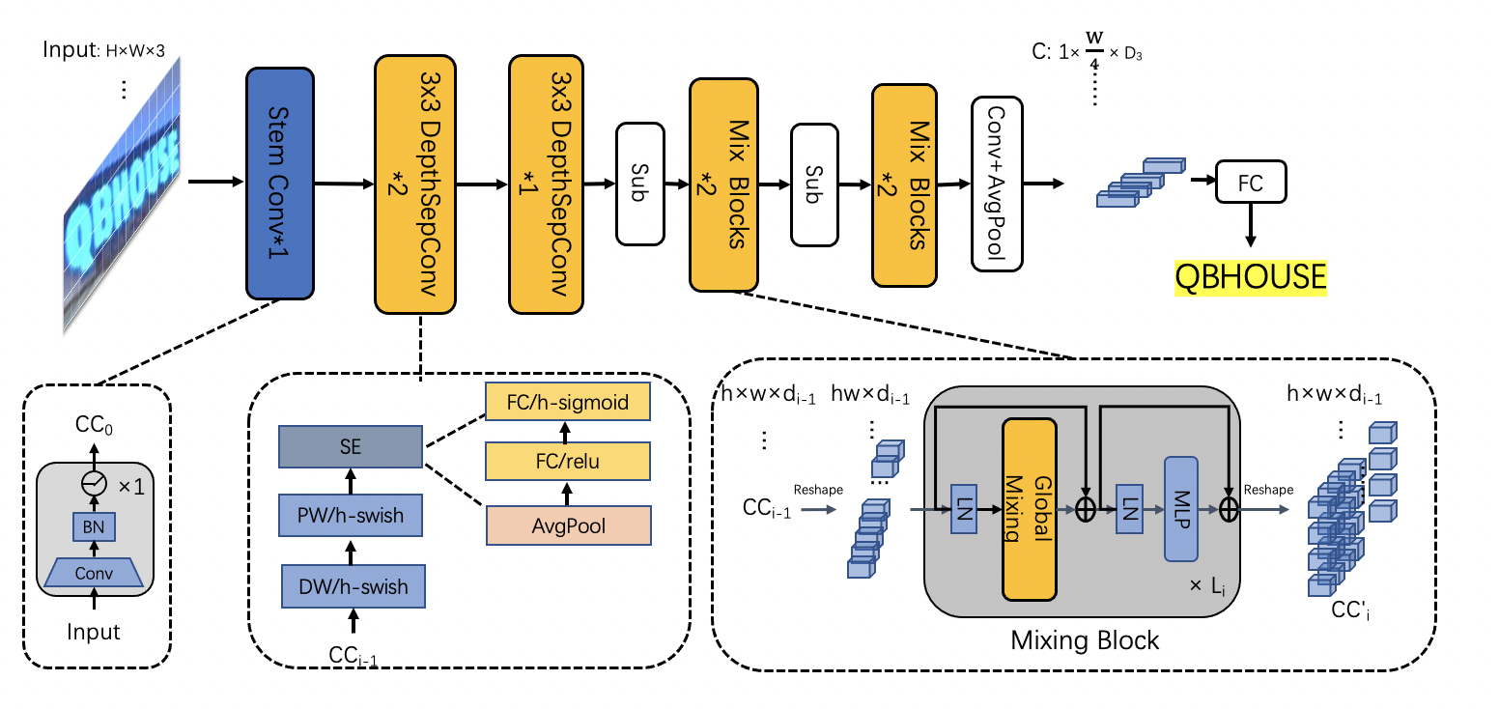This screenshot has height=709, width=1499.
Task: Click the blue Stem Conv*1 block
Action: (x=281, y=182)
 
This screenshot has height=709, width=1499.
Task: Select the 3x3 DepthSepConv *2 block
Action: (x=415, y=184)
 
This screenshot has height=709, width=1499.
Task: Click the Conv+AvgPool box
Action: (x=996, y=183)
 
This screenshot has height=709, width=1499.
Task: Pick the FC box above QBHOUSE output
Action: (x=1251, y=181)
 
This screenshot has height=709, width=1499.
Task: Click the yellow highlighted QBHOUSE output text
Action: (x=1250, y=277)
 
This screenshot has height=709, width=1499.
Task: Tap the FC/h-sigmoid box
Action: (x=567, y=401)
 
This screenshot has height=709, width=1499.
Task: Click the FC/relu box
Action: (x=567, y=462)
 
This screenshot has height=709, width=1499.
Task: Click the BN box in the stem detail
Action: (x=94, y=526)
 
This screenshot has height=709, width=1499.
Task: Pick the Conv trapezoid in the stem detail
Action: (x=94, y=573)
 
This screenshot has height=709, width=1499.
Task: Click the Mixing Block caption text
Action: (x=1084, y=640)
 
